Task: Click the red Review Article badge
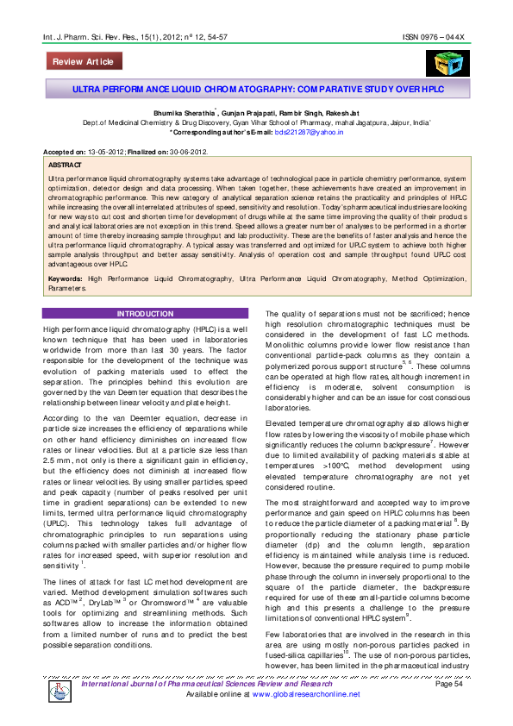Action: (x=83, y=62)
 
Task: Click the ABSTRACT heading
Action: (x=66, y=163)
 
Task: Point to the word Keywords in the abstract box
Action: (x=66, y=280)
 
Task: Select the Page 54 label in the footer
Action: (x=449, y=708)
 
